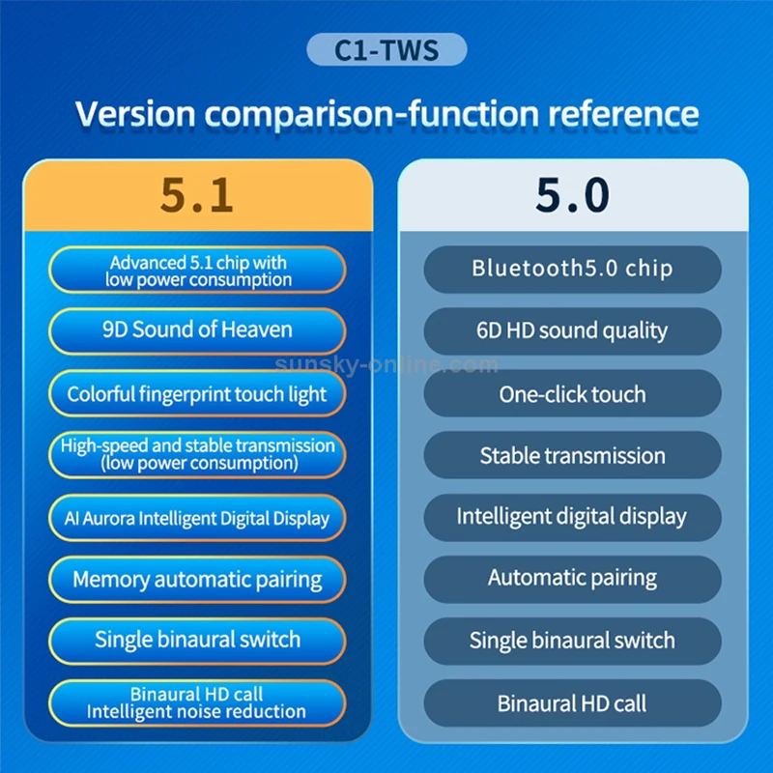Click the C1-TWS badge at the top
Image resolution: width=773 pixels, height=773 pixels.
(x=386, y=50)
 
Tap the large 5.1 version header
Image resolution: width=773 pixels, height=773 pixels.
(x=197, y=194)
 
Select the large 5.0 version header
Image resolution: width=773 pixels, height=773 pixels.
(x=573, y=194)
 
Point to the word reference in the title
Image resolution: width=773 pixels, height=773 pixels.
(x=622, y=113)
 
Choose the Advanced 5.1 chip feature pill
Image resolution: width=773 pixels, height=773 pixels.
(x=197, y=271)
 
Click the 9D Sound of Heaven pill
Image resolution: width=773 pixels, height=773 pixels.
(x=197, y=330)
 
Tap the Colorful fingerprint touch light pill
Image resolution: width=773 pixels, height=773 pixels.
(x=197, y=394)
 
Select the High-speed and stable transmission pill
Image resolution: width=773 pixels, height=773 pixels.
(x=197, y=454)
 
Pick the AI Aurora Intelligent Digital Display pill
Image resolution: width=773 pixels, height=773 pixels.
(x=197, y=518)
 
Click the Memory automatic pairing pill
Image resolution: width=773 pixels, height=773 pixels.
(x=197, y=580)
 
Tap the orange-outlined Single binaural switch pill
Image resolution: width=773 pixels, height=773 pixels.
(x=197, y=640)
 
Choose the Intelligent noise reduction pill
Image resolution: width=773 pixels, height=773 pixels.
(x=197, y=702)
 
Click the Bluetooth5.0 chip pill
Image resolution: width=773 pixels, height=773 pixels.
(x=572, y=269)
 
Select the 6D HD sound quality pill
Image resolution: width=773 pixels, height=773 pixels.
(x=572, y=330)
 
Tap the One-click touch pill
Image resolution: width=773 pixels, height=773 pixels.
(x=572, y=394)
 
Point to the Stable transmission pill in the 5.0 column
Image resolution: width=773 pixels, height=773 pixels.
(x=572, y=455)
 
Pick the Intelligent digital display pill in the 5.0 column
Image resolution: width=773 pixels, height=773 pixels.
(x=572, y=516)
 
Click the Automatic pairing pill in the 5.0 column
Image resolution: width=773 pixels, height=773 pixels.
(x=572, y=579)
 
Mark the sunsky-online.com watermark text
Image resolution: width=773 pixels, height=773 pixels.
(x=386, y=365)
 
